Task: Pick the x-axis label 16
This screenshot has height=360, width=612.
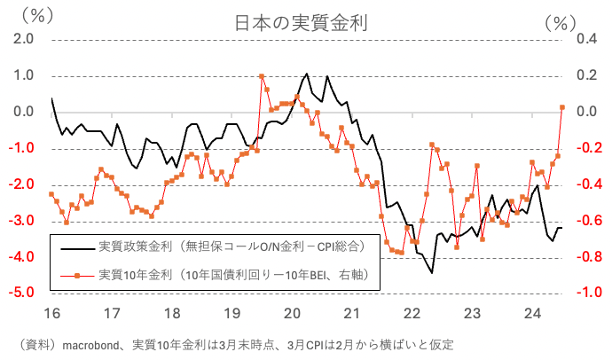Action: pos(51,314)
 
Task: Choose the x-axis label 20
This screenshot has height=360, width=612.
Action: pos(292,314)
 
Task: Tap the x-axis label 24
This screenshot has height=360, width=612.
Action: pos(532,314)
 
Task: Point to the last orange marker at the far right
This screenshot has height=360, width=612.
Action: pos(562,107)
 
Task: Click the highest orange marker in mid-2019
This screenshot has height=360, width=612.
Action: pos(261,76)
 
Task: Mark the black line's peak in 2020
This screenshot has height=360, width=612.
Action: pos(306,74)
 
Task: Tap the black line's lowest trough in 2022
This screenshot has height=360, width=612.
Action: pos(432,272)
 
